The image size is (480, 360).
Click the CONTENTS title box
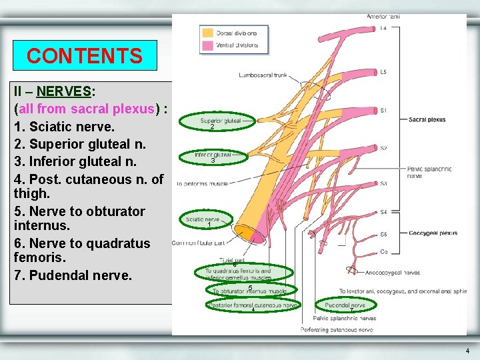click(x=85, y=55)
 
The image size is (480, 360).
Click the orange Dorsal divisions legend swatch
click(x=207, y=32)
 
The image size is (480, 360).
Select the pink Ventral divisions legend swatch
click(x=207, y=45)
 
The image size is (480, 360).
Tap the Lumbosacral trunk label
click(x=263, y=75)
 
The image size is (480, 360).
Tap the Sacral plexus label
click(x=427, y=120)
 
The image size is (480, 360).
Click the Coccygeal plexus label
click(x=433, y=233)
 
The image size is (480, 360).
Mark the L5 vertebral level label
click(x=383, y=72)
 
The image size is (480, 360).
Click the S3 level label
click(x=383, y=183)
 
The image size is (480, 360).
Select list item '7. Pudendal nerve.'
click(x=73, y=275)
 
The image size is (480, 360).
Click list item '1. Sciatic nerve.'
click(x=64, y=126)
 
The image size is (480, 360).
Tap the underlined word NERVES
click(x=64, y=91)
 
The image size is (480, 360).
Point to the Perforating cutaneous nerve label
click(x=337, y=329)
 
